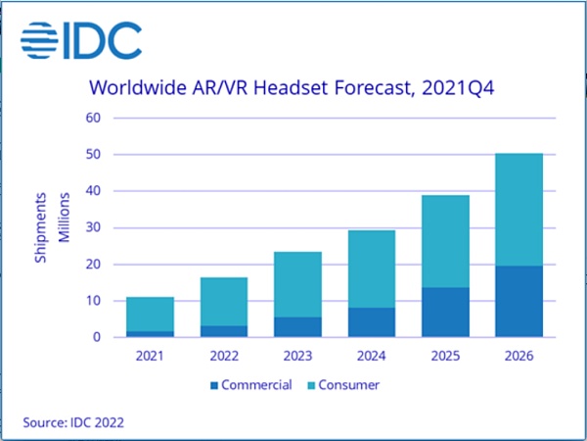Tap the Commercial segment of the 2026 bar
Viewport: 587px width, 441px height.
tap(519, 301)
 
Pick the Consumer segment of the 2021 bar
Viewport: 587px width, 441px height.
tap(151, 314)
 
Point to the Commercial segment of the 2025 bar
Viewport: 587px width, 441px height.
tap(445, 312)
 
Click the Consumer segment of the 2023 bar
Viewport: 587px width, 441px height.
tap(297, 284)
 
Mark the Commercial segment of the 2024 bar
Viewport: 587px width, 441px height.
tap(371, 322)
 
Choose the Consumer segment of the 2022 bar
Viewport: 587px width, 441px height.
tap(224, 301)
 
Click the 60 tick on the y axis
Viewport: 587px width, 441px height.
tap(94, 119)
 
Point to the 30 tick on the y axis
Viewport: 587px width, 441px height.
tap(94, 228)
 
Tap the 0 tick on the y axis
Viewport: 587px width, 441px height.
tap(98, 337)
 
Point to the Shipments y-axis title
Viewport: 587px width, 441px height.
tap(40, 228)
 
